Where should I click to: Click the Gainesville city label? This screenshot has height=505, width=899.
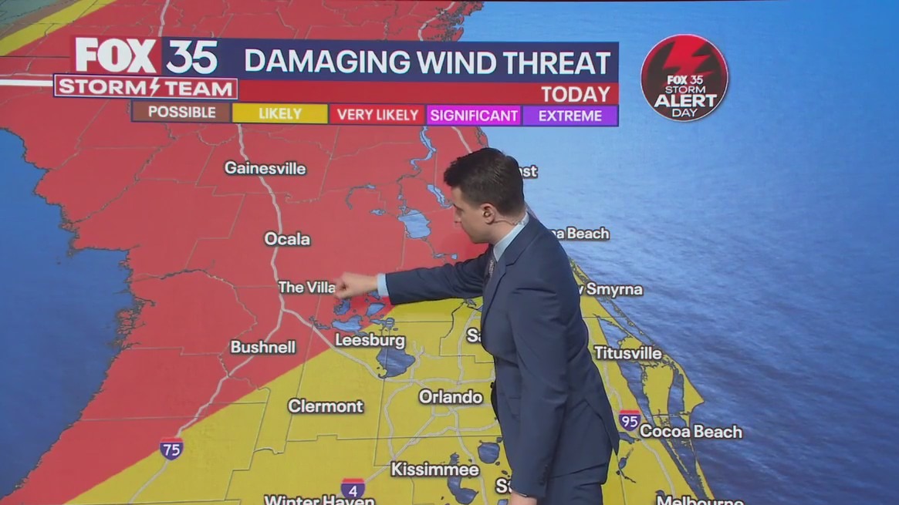[x=265, y=168]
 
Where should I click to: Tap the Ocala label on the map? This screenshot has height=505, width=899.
[x=287, y=239]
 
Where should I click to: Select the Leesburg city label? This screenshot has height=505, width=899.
[x=370, y=340]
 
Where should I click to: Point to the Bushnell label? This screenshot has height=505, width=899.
[x=262, y=347]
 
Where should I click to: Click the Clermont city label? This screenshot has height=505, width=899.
[x=325, y=406]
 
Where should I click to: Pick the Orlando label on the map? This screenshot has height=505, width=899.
[x=450, y=396]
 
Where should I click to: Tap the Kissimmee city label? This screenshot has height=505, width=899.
[x=434, y=469]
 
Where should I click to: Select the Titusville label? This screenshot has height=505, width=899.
[x=627, y=352]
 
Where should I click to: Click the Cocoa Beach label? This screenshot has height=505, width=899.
[x=691, y=432]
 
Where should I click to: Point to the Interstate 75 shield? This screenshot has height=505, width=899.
[x=171, y=448]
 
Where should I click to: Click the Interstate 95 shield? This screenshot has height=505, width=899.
[x=629, y=420]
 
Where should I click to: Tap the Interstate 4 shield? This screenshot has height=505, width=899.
[x=353, y=487]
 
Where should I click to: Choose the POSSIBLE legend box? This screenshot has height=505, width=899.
[x=181, y=113]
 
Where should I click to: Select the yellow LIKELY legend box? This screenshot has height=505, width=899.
[x=280, y=114]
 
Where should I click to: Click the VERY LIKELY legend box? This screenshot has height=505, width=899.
[x=377, y=115]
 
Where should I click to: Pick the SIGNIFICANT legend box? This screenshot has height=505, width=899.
[x=474, y=116]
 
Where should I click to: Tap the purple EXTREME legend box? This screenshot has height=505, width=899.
[x=569, y=116]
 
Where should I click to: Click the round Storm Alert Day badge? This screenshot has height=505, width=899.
[x=684, y=78]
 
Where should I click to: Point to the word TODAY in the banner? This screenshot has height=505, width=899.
[x=575, y=94]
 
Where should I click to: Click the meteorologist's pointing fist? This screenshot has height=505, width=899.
[x=354, y=285]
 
